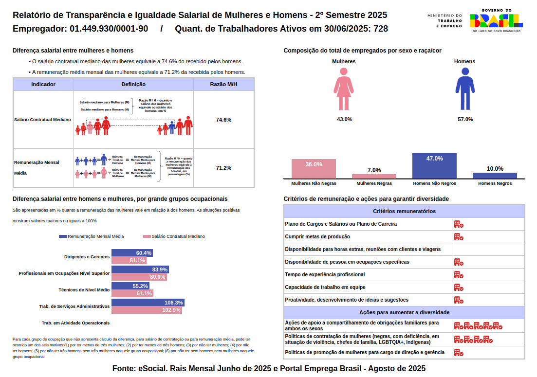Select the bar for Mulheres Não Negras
pos(314,169)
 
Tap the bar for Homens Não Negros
pos(434,166)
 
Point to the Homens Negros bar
pos(495,176)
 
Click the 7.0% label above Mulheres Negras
pos(374,170)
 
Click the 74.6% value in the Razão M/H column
pos(223,120)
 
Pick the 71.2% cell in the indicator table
pos(223,168)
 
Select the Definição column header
pos(133,84)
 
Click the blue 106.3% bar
pos(148,303)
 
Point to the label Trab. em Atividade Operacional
pos(75,323)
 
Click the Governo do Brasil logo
pos(496,20)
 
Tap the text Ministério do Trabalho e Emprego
pos(445,20)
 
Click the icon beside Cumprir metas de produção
pos(458,237)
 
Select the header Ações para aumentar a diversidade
pos(404,312)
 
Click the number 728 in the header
pos(381,29)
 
